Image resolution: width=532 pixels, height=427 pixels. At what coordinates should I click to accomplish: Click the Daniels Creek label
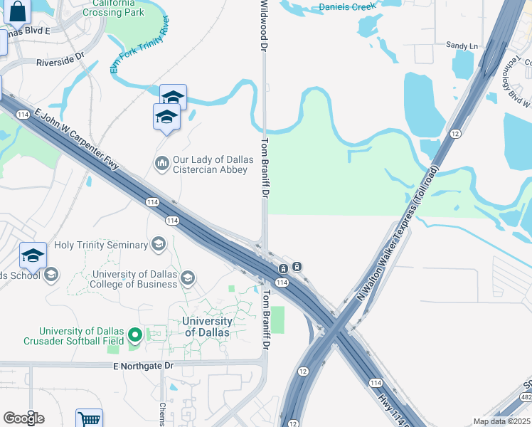[347, 6]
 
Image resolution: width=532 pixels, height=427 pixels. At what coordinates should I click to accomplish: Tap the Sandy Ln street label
[462, 46]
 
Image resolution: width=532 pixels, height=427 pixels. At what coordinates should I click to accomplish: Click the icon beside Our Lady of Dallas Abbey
[161, 164]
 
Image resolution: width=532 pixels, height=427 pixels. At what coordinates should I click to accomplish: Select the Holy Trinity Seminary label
[105, 245]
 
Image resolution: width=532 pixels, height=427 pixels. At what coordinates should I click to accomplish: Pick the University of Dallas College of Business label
[134, 279]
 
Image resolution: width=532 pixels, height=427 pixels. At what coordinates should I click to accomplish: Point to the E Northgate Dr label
[143, 366]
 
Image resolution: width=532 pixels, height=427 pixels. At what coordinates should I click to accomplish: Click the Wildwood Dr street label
[264, 26]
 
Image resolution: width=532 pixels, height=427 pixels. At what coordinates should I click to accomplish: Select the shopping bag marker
[19, 11]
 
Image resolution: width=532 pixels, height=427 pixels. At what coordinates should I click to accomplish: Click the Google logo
[23, 418]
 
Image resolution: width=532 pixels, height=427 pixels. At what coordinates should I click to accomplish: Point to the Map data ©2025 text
[501, 421]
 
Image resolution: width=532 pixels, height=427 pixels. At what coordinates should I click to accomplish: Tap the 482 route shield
[526, 396]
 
